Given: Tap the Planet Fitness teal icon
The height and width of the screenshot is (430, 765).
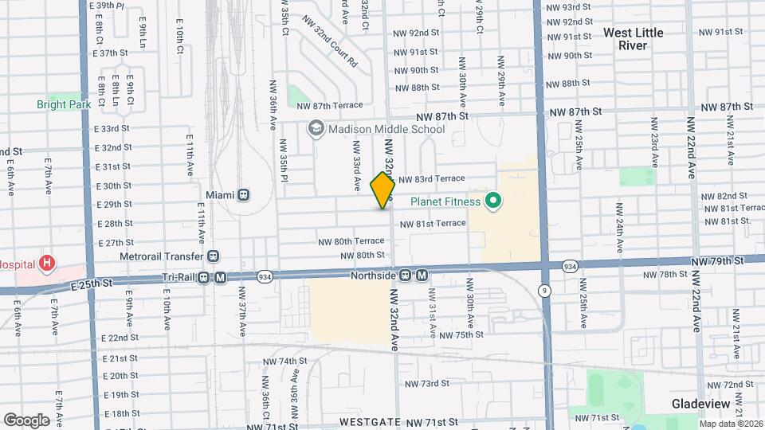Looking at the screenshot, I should point(492,201).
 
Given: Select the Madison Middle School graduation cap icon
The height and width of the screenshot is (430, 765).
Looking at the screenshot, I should point(316,129).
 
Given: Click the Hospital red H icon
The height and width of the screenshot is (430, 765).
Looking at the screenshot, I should point(48,262).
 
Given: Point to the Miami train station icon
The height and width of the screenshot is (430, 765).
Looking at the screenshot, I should point(243,195).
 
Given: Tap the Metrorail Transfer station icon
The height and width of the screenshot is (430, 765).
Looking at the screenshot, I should point(213,256).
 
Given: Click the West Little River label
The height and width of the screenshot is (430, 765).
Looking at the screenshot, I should point(634,39).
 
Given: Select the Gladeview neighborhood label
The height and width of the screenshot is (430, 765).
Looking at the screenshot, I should point(701,404).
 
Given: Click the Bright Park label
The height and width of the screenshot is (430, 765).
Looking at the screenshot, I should point(64,104).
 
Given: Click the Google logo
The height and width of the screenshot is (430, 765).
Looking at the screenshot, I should point(25,420).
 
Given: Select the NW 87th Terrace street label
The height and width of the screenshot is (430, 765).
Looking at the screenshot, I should point(329,105).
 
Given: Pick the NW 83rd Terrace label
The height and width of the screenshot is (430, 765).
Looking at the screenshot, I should point(431,180).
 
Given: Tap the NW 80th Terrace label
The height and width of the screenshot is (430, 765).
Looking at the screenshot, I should point(351,241).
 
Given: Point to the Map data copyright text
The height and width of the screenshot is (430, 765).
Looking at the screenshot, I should point(731,423).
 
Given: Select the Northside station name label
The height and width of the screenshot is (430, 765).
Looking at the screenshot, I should point(374,276).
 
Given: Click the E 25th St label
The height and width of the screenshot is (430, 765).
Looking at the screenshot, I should point(92,284).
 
